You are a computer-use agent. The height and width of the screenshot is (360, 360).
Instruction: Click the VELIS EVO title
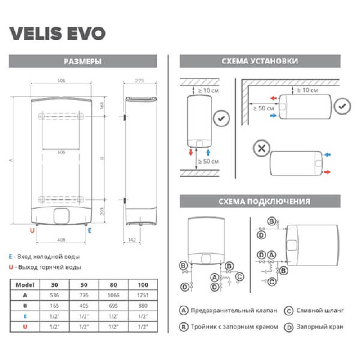57,33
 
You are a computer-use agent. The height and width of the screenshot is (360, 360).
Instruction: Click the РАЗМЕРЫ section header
82,62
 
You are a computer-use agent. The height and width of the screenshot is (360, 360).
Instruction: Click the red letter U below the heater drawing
32,230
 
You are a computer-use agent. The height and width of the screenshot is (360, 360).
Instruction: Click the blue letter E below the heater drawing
90,230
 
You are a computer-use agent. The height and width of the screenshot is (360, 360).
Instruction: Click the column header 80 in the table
113,284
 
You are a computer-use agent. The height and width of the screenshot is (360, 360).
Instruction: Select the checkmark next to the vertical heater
221,119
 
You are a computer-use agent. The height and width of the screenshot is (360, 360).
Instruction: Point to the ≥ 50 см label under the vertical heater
208,161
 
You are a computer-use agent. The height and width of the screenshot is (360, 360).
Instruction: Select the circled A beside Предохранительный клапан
183,310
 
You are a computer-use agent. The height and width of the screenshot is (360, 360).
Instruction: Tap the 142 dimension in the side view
131,240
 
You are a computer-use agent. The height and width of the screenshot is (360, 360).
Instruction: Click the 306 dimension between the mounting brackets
62,152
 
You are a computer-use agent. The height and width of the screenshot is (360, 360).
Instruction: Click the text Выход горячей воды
48,267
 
